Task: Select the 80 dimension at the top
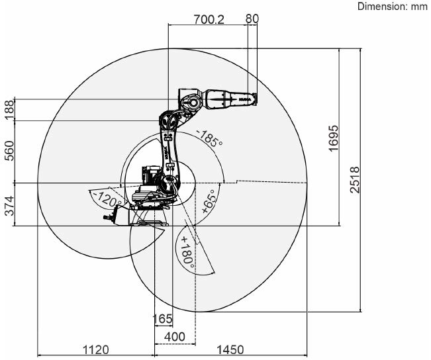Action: [x=252, y=19]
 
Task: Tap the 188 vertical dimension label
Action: [x=9, y=110]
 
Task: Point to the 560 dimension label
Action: [x=9, y=152]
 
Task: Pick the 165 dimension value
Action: [x=162, y=319]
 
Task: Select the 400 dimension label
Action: [x=174, y=337]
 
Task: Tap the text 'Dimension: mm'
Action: [x=393, y=7]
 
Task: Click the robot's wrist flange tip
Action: [x=256, y=99]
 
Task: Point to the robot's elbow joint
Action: [x=190, y=103]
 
